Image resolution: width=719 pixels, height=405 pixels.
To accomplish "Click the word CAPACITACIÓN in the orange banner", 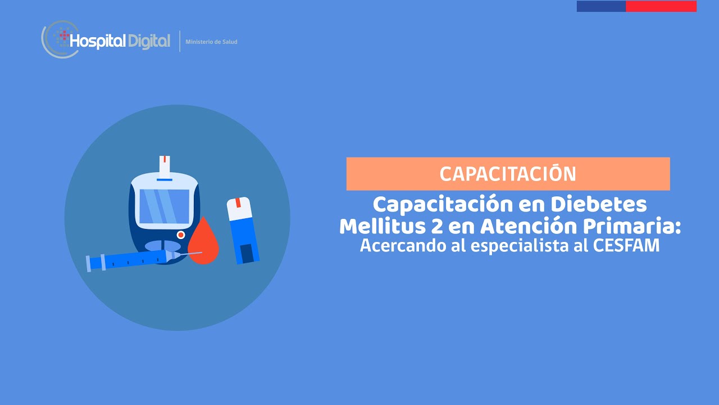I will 508,174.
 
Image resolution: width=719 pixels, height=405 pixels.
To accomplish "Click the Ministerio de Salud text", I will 211,42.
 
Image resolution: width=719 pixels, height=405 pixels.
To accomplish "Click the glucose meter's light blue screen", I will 164,206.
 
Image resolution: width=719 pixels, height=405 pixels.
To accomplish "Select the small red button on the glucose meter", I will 181,235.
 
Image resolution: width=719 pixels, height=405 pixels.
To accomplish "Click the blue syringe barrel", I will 135,260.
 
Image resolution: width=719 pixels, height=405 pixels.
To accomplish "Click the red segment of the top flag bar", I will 661,6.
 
